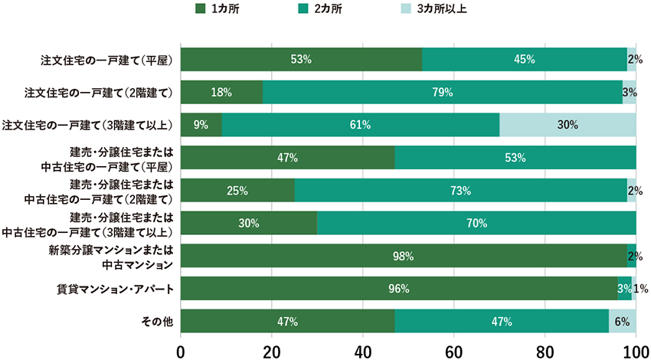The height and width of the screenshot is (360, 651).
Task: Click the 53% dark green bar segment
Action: (301, 59)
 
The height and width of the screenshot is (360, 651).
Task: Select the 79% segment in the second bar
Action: (443, 92)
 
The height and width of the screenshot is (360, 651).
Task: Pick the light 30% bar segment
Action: (568, 125)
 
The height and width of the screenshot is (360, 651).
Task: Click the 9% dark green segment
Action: (201, 125)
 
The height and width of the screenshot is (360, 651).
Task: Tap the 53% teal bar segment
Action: (515, 158)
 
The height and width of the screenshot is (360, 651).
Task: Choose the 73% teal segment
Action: (460, 191)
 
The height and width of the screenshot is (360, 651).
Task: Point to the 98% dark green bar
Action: (404, 256)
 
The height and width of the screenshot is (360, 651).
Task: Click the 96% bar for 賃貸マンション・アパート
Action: (399, 289)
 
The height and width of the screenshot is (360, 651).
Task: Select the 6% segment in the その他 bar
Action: (622, 321)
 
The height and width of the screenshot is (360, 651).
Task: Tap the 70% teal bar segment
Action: (476, 224)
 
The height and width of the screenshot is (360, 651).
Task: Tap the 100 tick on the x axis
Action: (635, 352)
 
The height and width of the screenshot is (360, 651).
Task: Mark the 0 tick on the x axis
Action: (181, 352)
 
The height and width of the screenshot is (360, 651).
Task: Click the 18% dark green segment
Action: (221, 92)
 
